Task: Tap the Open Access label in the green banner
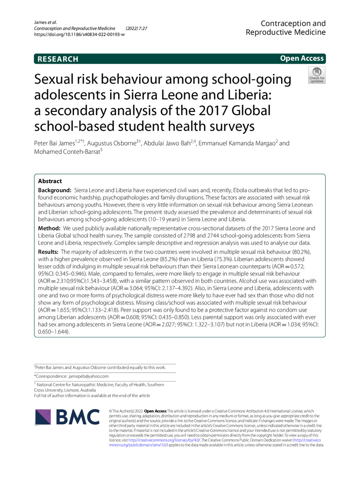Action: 302,58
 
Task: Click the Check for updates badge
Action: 316,75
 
